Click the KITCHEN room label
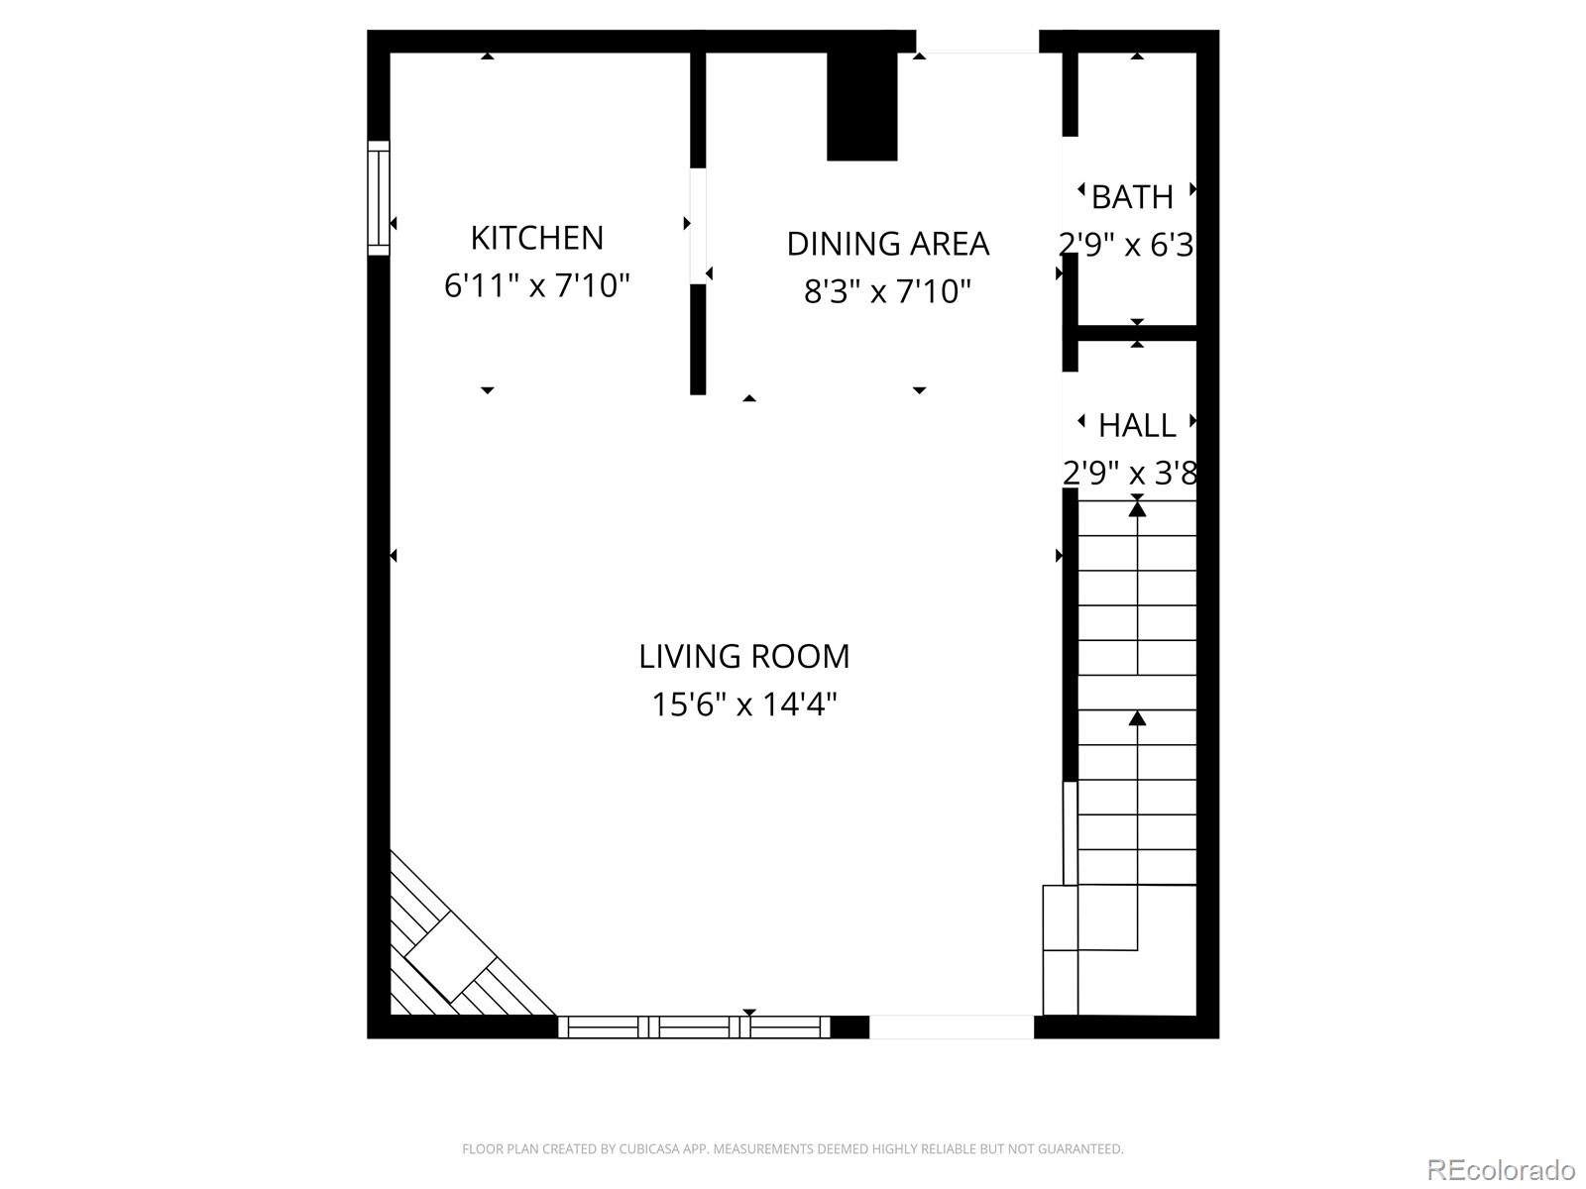[536, 238]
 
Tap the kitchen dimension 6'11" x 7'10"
[536, 286]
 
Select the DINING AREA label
[887, 244]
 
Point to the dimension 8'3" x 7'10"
[887, 291]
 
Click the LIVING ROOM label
[743, 656]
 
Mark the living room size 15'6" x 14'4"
[743, 704]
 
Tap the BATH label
[1132, 197]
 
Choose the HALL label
[1137, 426]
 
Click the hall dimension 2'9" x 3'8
[1130, 474]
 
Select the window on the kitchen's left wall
[379, 198]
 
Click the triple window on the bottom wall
[694, 1027]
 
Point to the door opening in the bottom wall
[952, 1027]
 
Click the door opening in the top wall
[976, 42]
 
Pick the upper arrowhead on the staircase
[1137, 509]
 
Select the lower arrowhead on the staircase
[1137, 717]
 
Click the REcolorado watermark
[1501, 1169]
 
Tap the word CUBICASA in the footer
[648, 1149]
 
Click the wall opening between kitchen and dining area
[698, 226]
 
